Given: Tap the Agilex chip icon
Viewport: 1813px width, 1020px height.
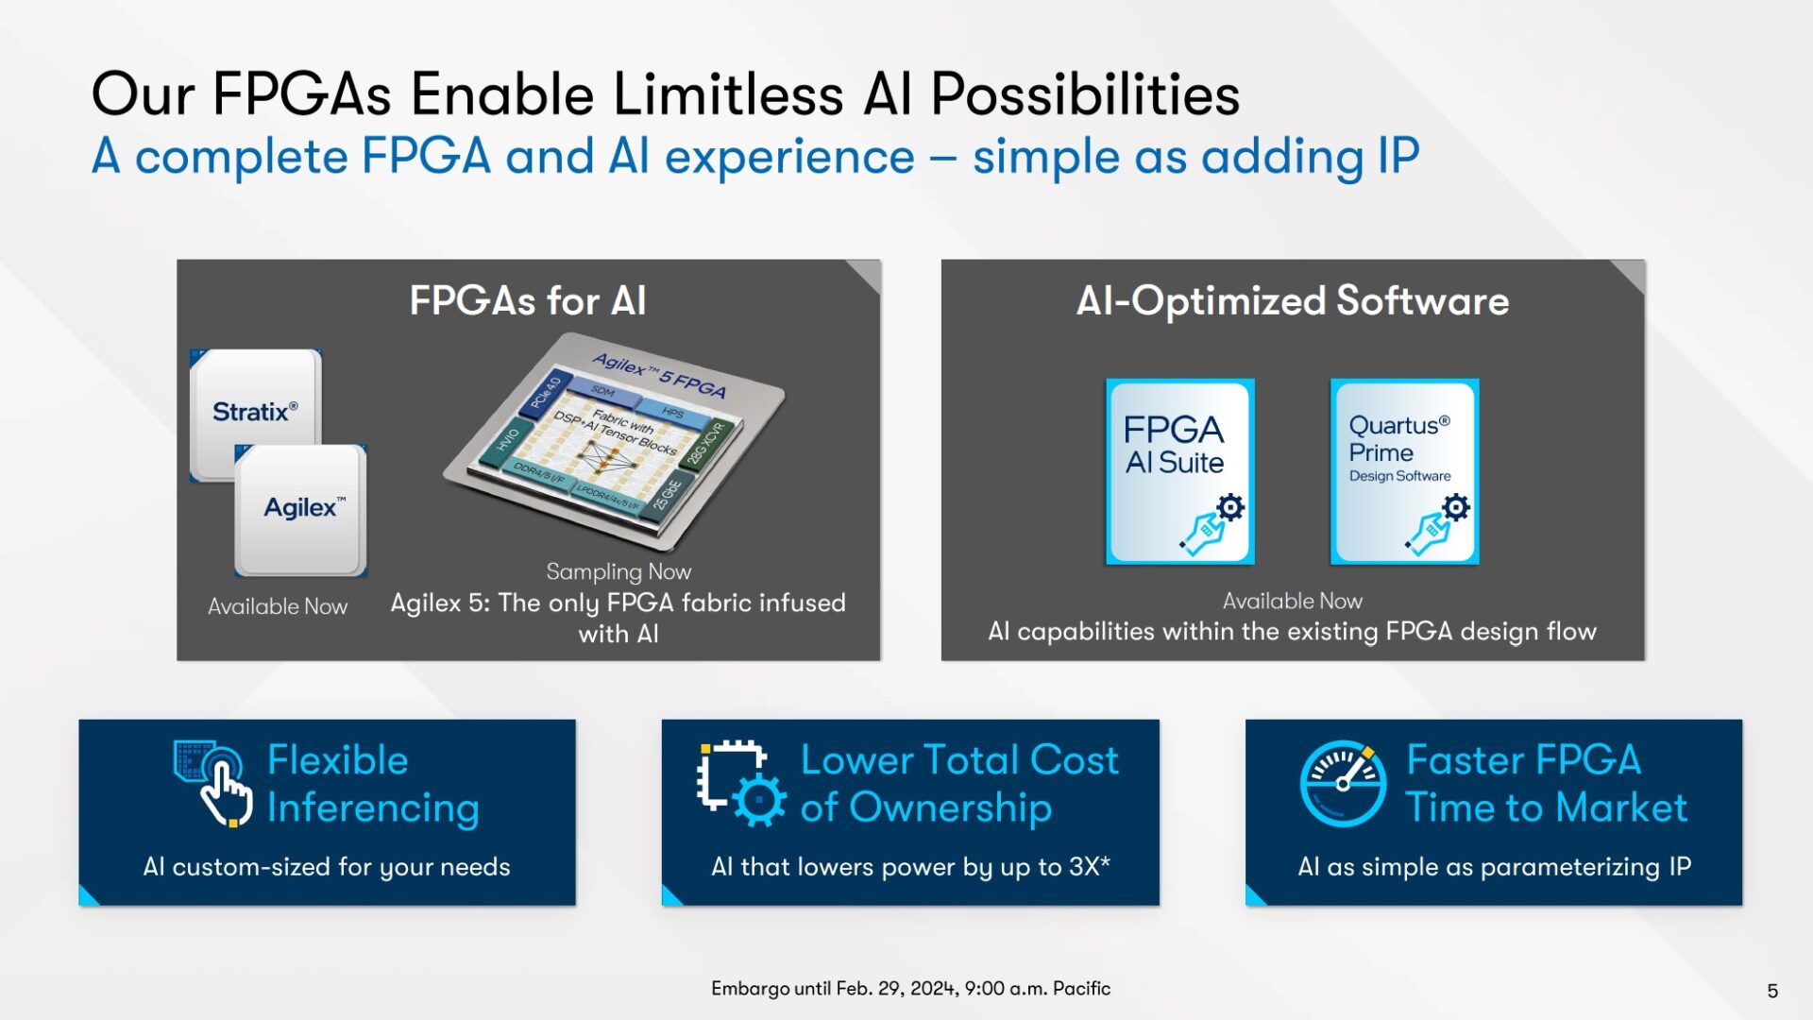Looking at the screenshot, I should tap(301, 509).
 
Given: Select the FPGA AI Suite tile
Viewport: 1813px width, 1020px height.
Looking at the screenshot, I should tap(1179, 471).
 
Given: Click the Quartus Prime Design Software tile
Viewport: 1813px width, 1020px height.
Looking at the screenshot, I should tap(1404, 471).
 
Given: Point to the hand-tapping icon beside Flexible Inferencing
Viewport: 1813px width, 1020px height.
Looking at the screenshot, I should tap(214, 782).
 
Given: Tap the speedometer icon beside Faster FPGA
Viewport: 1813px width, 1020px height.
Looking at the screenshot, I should tap(1343, 783).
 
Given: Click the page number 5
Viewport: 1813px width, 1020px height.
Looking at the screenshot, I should tap(1771, 991).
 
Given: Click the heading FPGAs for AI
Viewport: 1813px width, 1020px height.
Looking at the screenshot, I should tap(528, 301).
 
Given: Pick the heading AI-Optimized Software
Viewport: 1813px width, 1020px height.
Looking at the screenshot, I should tap(1292, 301).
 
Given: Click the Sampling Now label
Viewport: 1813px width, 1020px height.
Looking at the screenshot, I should tap(618, 571).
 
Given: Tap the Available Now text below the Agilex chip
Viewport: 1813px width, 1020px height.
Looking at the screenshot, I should tap(278, 606).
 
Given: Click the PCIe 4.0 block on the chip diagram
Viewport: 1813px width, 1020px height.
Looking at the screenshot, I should tap(546, 392).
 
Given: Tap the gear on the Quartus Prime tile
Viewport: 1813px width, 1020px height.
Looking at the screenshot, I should tap(1456, 507).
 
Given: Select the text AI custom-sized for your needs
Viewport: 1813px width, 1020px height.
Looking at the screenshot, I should tap(327, 867).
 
